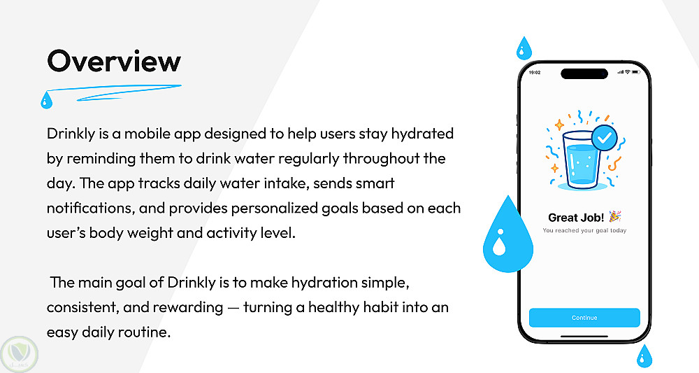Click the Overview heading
(x=114, y=61)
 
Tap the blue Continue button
(x=584, y=318)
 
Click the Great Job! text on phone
(x=576, y=218)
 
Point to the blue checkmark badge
(x=605, y=138)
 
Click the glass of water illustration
(x=581, y=160)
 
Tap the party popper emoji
(x=615, y=216)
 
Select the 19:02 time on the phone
(x=535, y=72)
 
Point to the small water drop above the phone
(x=524, y=48)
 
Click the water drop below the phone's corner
(x=644, y=356)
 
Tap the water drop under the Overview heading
(x=46, y=100)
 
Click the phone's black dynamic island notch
(x=584, y=73)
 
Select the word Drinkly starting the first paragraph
(x=71, y=134)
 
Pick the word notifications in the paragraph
(x=90, y=208)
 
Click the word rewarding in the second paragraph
(x=187, y=307)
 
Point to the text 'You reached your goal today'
(x=584, y=230)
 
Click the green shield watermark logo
(x=19, y=354)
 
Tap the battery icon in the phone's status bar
(x=635, y=72)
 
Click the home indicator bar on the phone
(x=584, y=336)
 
